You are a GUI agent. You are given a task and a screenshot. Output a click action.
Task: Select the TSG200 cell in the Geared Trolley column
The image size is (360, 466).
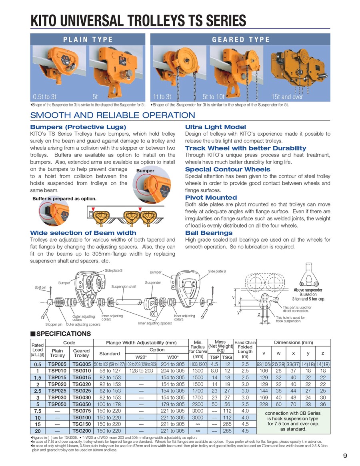coord(82,431)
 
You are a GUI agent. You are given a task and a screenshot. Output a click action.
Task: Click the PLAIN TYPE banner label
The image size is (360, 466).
coord(88,39)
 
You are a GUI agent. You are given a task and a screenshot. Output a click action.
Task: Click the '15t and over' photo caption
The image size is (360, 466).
coord(287,97)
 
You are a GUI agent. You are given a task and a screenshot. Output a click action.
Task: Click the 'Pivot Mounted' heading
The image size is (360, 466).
coord(211,198)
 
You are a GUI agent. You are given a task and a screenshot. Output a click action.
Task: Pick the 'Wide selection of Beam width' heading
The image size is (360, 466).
coord(83,233)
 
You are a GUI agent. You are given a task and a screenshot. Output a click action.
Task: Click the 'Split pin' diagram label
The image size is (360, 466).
coord(40,287)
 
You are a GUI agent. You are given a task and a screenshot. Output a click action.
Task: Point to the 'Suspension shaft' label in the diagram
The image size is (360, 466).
coord(124,286)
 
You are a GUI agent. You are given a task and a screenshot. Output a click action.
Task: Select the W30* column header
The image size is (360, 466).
coord(173,357)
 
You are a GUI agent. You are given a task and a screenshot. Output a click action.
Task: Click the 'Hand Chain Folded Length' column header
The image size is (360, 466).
coord(245,349)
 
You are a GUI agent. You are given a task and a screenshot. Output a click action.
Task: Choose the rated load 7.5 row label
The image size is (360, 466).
coord(38,411)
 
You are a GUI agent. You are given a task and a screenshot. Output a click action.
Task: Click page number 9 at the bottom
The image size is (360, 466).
coord(345,455)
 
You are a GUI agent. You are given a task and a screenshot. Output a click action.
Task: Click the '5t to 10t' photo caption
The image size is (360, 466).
coord(214,97)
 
